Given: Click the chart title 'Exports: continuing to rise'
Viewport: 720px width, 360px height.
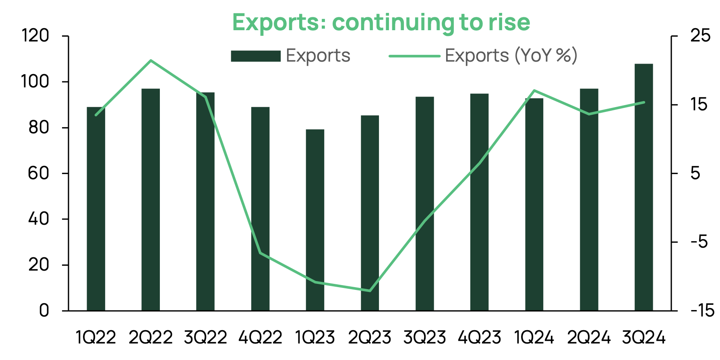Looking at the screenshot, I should coord(381,22).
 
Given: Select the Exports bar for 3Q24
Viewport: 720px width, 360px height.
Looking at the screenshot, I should coord(643,187).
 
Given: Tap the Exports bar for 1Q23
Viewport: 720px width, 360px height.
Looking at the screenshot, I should coord(315,220).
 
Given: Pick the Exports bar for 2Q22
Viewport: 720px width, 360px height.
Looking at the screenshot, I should coord(151,199).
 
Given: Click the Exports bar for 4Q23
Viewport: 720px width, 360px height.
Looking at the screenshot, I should coord(479,202).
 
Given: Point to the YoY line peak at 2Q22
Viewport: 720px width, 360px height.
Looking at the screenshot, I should coord(151,61).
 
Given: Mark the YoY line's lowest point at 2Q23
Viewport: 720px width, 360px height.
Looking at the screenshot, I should coord(370,291).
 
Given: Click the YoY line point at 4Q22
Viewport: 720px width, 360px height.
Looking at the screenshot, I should coord(261,253).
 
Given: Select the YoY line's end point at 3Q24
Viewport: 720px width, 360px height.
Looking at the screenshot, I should coord(644,102).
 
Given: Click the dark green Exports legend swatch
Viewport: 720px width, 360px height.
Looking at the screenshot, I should coord(255,56).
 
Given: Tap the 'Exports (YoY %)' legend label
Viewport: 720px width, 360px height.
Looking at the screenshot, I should coord(511,56).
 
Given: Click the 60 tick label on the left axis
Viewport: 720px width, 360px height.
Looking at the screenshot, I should coord(38,173).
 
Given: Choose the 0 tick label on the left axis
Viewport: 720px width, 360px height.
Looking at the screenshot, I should coord(44,310).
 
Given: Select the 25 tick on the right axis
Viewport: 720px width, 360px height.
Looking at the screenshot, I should coord(701,36).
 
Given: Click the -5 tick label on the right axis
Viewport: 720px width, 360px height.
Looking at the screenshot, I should coord(699,242).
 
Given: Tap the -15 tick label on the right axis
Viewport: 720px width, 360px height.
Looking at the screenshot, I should coord(702,310).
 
